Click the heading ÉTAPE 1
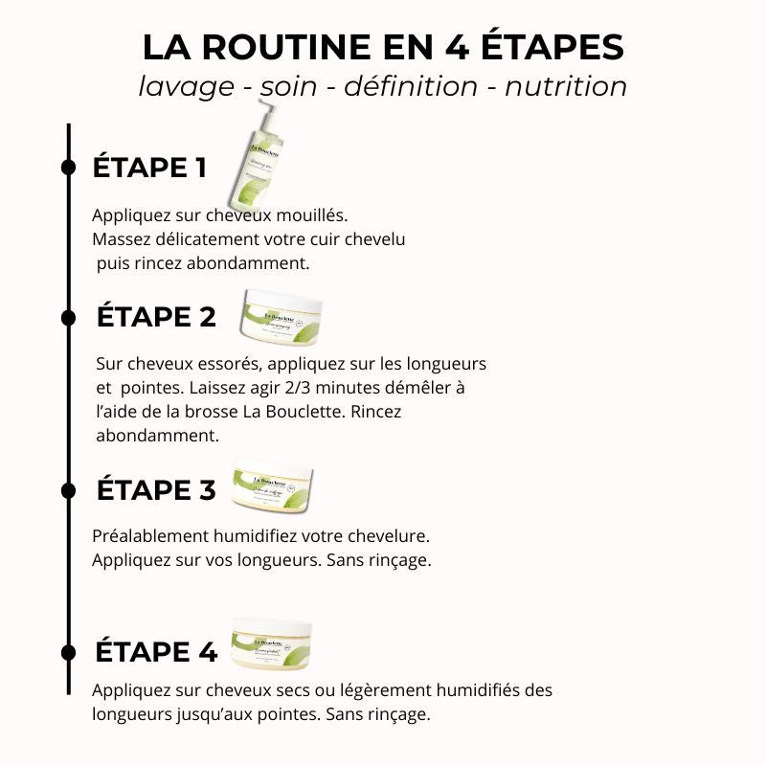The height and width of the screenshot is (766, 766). point(149,168)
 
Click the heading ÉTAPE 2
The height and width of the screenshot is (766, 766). point(157,317)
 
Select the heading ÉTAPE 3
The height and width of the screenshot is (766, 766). point(156,489)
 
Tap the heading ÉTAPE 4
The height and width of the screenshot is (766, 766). point(156,652)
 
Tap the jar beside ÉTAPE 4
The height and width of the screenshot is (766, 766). point(272,645)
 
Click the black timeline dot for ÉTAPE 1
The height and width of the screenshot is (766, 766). point(68,168)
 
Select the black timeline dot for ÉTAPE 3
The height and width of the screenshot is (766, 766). point(68,489)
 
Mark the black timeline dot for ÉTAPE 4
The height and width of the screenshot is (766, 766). point(68,652)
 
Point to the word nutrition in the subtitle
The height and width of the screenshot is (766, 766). point(566,86)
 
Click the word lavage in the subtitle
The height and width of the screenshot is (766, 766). point(186,86)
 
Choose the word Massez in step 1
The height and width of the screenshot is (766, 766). point(121,238)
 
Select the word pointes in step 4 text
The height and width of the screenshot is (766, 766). point(291,714)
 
